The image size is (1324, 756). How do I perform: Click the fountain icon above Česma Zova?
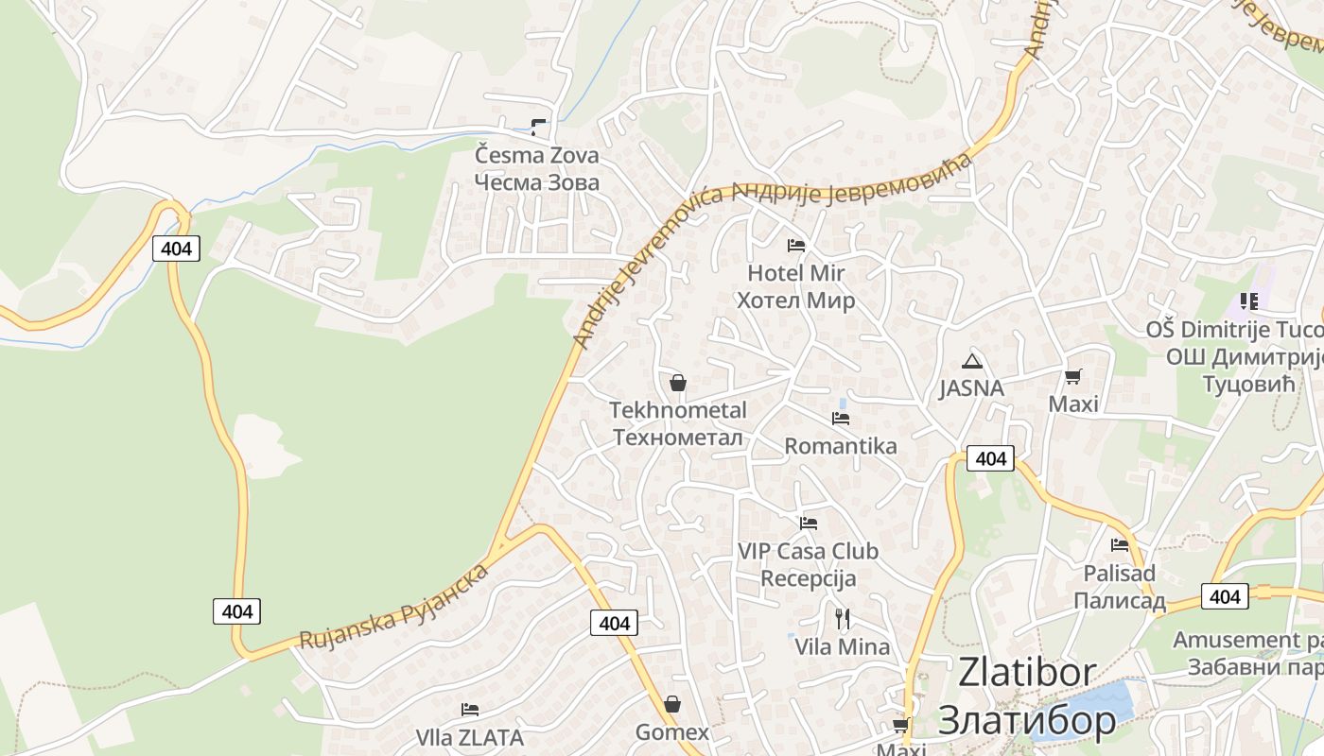tap(538, 128)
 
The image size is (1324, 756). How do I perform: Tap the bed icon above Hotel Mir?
tap(796, 246)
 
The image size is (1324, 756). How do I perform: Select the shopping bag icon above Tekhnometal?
tap(677, 383)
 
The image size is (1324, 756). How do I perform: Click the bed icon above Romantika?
tap(840, 418)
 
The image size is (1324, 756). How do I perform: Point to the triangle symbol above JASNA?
tap(971, 361)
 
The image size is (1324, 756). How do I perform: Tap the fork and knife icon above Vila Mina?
tap(842, 619)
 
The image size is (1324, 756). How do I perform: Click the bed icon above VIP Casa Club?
tap(808, 523)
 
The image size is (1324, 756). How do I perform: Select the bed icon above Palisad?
tap(1120, 544)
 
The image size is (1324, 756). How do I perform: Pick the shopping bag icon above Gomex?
tap(671, 704)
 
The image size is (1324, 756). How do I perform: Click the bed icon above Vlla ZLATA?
tap(469, 710)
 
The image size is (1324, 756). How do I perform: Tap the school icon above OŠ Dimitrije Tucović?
tap(1249, 301)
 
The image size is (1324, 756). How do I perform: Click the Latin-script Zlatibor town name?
tap(1027, 673)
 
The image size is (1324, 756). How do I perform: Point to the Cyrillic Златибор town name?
tap(1027, 721)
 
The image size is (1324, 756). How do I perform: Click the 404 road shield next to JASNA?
tap(990, 458)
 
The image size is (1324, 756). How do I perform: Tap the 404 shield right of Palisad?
tap(1224, 596)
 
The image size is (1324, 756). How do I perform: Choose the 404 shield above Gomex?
tap(614, 623)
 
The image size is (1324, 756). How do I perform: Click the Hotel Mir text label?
tap(795, 273)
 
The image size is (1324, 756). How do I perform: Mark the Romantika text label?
tap(841, 446)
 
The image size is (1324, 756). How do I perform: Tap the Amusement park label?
tap(1247, 640)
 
